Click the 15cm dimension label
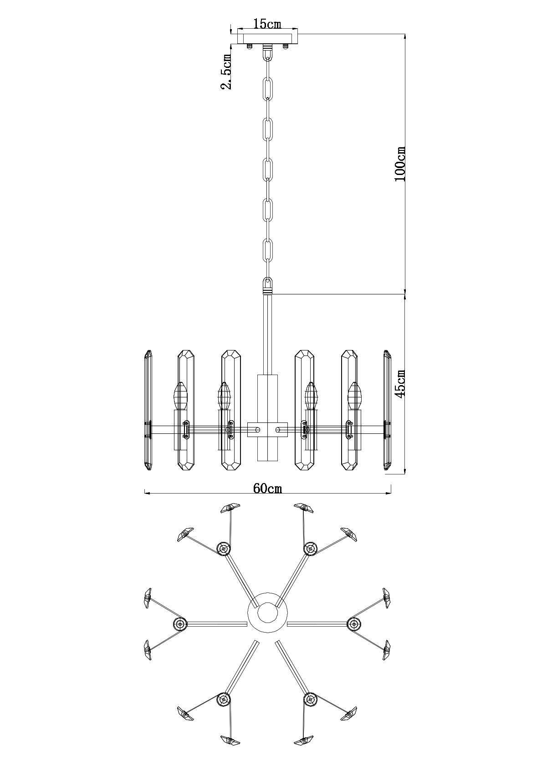point(267,24)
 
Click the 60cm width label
point(267,488)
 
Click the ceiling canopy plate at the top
point(268,36)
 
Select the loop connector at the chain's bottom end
point(267,286)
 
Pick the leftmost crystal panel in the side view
point(148,410)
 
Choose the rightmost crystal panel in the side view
point(387,410)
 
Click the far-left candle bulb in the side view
point(181,396)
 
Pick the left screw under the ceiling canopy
point(250,46)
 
